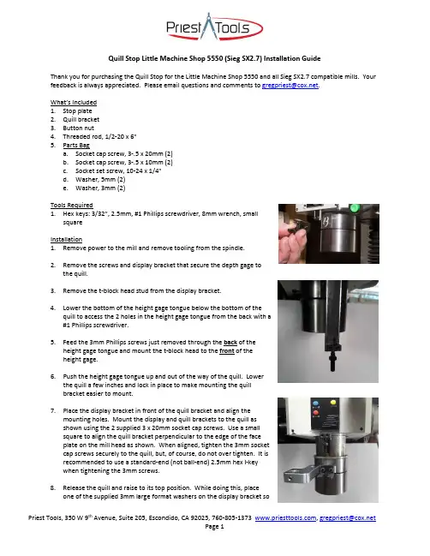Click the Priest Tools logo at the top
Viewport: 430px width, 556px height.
tap(214, 27)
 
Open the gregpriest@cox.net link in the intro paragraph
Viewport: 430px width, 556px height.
tap(290, 86)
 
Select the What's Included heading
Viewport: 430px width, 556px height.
tap(74, 103)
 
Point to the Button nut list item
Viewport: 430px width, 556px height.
tap(78, 128)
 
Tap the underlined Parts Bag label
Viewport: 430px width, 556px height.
tap(76, 145)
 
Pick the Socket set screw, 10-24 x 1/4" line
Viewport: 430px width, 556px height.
tap(118, 171)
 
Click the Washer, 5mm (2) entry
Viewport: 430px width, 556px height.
tap(100, 179)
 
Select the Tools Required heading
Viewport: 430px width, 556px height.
tap(72, 205)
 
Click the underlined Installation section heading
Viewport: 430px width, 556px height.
tap(66, 239)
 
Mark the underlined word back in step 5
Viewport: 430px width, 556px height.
tap(230, 343)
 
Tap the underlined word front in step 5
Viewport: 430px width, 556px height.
tap(227, 351)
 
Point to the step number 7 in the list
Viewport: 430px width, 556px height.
tap(53, 411)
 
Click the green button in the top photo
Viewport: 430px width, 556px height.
tap(354, 208)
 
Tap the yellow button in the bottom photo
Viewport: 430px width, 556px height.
tap(333, 403)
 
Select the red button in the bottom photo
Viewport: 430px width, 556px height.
tap(316, 412)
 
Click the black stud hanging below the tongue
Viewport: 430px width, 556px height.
tap(332, 361)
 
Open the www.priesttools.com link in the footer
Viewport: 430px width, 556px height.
tap(285, 518)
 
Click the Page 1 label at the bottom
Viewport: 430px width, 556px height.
tap(214, 527)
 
